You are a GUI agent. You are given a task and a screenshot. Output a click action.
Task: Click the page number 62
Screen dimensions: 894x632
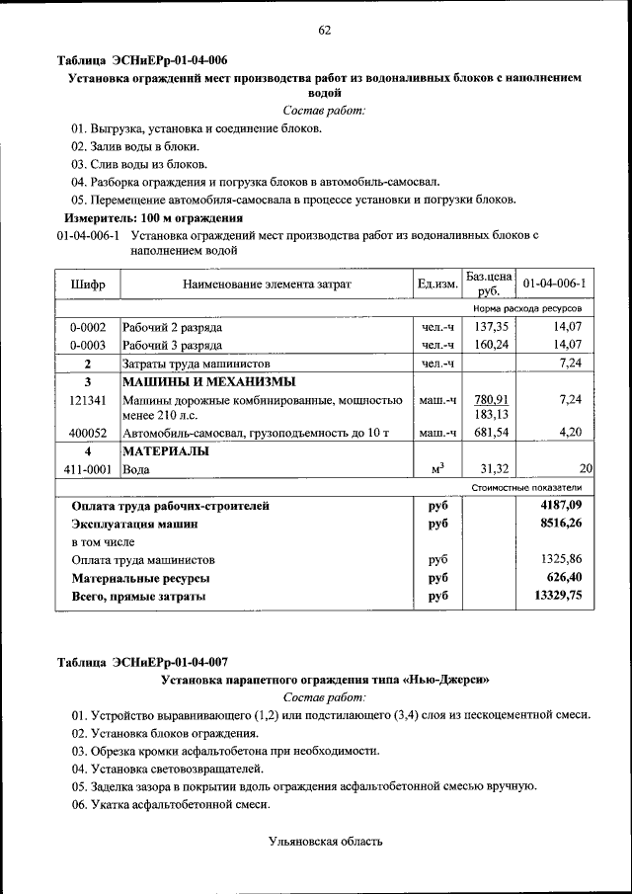pos(324,31)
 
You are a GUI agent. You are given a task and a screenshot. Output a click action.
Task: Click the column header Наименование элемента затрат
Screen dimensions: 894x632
pos(267,284)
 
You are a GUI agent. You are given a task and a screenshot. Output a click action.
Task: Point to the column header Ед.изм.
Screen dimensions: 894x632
pos(437,284)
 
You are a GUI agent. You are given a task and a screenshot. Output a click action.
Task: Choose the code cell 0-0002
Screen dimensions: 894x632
pos(88,327)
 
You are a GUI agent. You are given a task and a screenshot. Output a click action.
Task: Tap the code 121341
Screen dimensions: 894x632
pos(88,400)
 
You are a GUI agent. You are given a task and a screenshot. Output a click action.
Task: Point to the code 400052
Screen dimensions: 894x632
pos(88,433)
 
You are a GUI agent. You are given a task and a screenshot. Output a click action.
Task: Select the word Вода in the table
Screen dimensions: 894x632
pos(138,469)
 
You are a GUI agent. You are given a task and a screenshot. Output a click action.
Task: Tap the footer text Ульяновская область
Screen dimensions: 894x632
pos(324,842)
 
